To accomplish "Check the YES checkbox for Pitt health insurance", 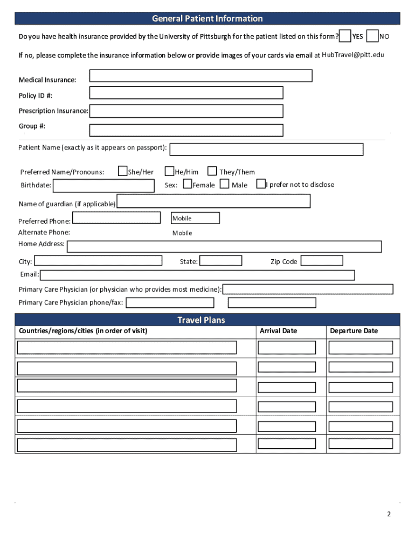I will tap(345, 36).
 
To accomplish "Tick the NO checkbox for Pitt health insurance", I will tap(372, 36).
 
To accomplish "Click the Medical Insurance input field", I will tap(200, 76).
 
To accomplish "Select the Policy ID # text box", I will tap(186, 93).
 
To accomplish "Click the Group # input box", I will tap(186, 130).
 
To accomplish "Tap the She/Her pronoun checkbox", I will tap(123, 171).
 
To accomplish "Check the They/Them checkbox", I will tap(212, 171).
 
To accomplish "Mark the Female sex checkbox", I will tap(188, 184).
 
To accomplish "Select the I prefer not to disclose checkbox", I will tap(261, 184).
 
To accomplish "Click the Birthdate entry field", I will tap(103, 186).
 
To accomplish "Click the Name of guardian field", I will tap(213, 201).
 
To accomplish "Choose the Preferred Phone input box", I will tap(116, 218).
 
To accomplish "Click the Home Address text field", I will tap(224, 247).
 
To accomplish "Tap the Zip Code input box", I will tap(322, 261).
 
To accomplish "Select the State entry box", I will tap(221, 261).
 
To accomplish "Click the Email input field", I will tap(197, 275).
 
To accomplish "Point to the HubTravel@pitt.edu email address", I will tap(353, 55).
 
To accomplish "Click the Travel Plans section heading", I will tap(207, 320).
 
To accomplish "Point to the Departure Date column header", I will tap(354, 331).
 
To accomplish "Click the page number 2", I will tap(389, 514).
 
